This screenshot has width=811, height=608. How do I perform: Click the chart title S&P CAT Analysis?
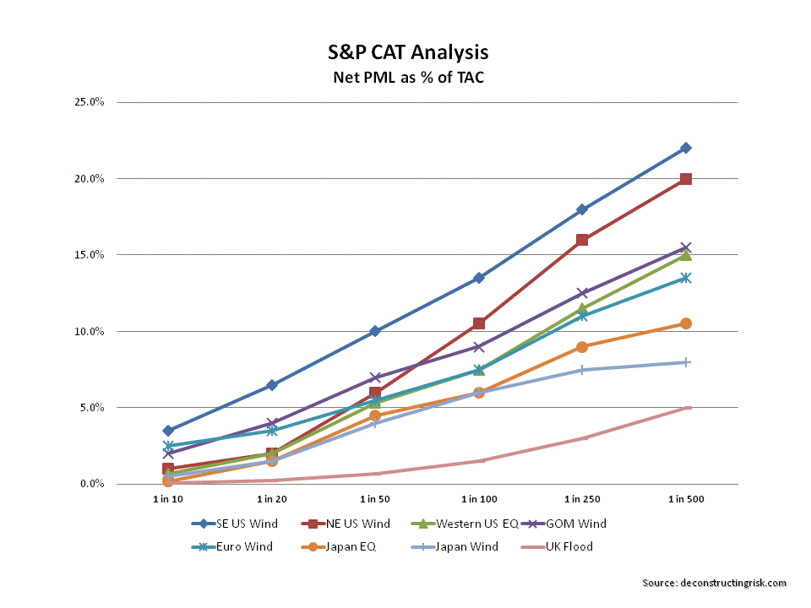click(x=408, y=52)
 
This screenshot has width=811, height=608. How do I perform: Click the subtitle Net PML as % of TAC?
click(x=408, y=78)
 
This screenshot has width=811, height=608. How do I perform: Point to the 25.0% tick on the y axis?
click(x=87, y=103)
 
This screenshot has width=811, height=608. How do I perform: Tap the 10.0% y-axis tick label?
click(x=87, y=332)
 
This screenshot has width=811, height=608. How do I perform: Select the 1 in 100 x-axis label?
click(x=478, y=500)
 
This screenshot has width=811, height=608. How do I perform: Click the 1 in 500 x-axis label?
click(x=686, y=500)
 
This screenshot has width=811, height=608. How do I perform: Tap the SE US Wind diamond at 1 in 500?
click(x=686, y=148)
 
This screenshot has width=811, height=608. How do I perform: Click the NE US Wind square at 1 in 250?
click(x=582, y=240)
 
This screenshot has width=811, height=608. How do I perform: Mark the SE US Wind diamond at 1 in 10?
click(x=168, y=431)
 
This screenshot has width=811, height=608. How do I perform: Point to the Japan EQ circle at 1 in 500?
click(x=686, y=323)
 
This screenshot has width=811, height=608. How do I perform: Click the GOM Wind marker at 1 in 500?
click(x=686, y=247)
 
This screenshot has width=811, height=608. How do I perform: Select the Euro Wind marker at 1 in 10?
click(x=168, y=446)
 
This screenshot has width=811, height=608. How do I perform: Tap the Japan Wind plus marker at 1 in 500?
click(x=686, y=362)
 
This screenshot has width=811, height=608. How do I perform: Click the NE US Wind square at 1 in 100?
click(x=478, y=323)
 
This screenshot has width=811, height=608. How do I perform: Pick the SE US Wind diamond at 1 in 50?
click(x=375, y=331)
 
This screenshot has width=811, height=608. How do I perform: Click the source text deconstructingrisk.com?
click(x=714, y=583)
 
